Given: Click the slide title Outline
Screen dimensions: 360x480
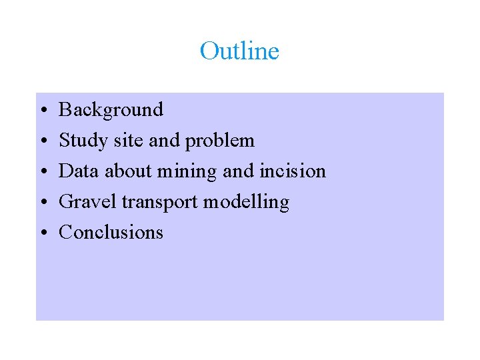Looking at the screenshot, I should [239, 51].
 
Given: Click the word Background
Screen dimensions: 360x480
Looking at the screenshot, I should [111, 109].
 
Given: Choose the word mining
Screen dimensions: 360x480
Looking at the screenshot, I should [187, 172].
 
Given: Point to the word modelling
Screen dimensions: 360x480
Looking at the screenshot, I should [246, 203].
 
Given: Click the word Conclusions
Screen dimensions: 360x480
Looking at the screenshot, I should [111, 233].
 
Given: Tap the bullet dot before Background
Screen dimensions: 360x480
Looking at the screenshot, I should [42, 110].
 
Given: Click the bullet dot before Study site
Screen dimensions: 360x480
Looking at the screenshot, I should [42, 141].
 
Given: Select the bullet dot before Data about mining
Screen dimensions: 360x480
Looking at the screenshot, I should [42, 171].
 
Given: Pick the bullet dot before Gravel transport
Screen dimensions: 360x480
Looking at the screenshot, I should [42, 202].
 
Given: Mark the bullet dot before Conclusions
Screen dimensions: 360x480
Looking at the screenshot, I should [42, 233].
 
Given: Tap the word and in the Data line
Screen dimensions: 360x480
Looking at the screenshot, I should [238, 171].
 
